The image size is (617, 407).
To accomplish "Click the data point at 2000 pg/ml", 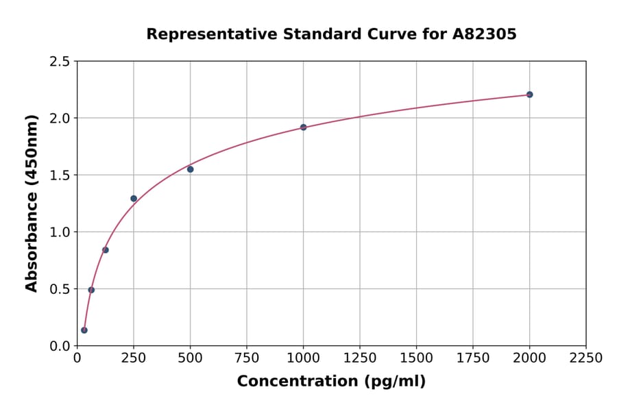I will [x=529, y=95].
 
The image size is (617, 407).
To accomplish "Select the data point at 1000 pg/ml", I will [x=303, y=127].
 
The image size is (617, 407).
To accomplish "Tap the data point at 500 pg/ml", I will [x=190, y=169].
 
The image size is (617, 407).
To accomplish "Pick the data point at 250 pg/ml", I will [x=134, y=199].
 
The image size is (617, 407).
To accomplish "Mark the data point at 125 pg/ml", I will [x=106, y=250].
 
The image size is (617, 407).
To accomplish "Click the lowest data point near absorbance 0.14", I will [x=84, y=330].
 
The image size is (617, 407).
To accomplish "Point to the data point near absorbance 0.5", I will [x=91, y=290].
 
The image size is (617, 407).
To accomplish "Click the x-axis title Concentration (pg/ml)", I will [x=331, y=382].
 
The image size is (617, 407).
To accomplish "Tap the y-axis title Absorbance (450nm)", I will [x=32, y=203].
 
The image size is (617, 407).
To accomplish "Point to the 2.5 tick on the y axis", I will [x=59, y=62].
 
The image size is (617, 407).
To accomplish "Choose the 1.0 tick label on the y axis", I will [x=59, y=232].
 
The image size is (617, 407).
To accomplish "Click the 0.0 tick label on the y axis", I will [x=59, y=346].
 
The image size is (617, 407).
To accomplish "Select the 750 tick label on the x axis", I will [x=247, y=358].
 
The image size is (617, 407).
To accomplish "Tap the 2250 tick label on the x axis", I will [x=585, y=358].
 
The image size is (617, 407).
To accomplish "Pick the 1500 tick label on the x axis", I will [x=416, y=358].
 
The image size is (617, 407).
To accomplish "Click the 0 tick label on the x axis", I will [x=77, y=358].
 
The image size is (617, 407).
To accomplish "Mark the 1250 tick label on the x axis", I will [x=359, y=358].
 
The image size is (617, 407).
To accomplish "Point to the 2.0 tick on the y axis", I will [x=59, y=119].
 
